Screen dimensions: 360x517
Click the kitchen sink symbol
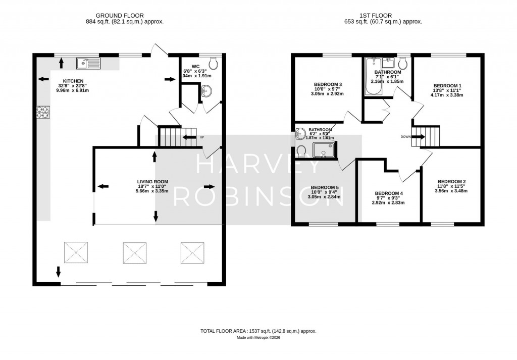(x=88, y=64)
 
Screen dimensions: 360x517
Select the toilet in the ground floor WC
(x=214, y=63)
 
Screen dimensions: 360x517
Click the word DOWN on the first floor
(x=405, y=137)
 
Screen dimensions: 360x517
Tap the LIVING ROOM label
(x=152, y=182)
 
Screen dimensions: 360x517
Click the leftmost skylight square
(x=75, y=251)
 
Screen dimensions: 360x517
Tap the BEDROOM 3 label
(x=328, y=84)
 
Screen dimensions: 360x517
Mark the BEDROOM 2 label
(x=451, y=182)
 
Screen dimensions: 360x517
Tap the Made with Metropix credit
(x=258, y=338)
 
